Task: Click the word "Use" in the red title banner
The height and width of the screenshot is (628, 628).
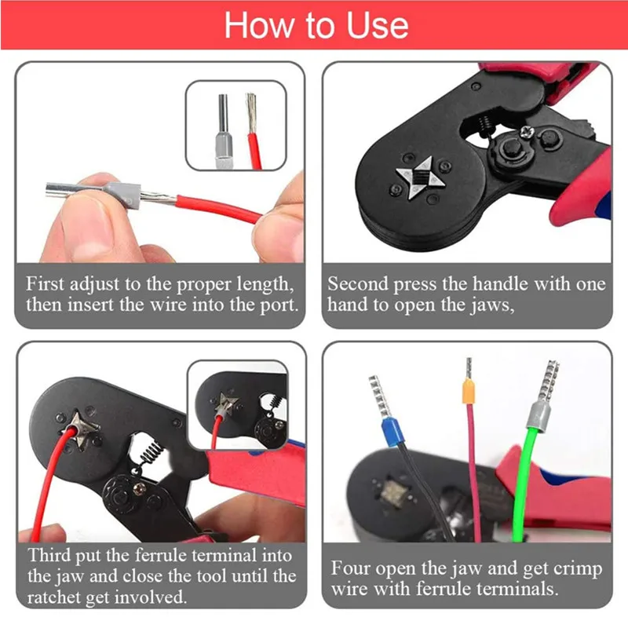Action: pos(377,25)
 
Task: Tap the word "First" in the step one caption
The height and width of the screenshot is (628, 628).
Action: pos(45,283)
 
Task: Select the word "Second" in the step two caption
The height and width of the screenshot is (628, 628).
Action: pos(358,283)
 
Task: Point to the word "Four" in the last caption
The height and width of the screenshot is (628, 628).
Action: pos(349,568)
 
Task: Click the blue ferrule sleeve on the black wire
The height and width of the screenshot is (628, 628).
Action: pos(393,432)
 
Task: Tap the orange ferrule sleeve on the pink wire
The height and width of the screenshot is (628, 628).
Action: pos(468,390)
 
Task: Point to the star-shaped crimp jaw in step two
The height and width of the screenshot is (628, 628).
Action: pos(420,178)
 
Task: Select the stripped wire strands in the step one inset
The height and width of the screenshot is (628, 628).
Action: pos(250,113)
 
